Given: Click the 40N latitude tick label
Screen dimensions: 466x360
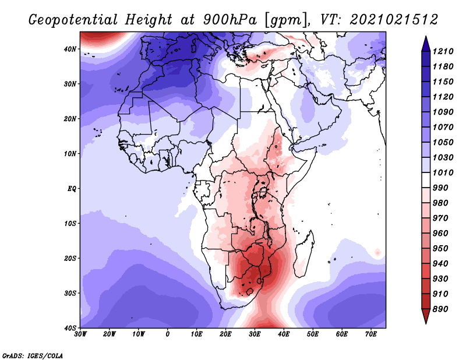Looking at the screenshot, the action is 70,49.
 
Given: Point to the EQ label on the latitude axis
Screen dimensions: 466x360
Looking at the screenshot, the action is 72,189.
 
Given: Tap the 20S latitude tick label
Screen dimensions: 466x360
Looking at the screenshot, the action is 70,258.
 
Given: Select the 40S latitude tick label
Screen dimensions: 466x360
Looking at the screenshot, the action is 70,328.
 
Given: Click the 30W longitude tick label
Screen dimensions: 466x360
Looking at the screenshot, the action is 80,334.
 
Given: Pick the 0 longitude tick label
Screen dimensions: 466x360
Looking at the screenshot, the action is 168,334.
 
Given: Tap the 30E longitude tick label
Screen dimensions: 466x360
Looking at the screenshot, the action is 255,334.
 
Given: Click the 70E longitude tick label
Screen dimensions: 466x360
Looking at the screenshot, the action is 371,334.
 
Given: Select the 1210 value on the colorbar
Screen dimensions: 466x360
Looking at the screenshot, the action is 443,51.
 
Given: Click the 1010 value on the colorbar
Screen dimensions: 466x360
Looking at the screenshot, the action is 443,172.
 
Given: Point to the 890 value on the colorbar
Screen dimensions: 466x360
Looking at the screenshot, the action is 440,309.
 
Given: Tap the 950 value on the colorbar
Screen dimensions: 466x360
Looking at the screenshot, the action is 440,249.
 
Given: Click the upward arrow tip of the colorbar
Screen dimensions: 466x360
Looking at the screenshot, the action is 426,36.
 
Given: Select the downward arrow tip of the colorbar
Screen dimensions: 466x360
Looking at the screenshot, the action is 426,324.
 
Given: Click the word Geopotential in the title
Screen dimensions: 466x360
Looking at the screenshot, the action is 73,20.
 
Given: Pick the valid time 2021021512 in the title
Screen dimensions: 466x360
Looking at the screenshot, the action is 394,20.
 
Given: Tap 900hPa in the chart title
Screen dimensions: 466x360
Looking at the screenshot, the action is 230,20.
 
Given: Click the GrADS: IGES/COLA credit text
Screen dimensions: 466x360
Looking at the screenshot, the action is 33,355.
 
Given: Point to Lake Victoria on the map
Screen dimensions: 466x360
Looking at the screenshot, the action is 263,192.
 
